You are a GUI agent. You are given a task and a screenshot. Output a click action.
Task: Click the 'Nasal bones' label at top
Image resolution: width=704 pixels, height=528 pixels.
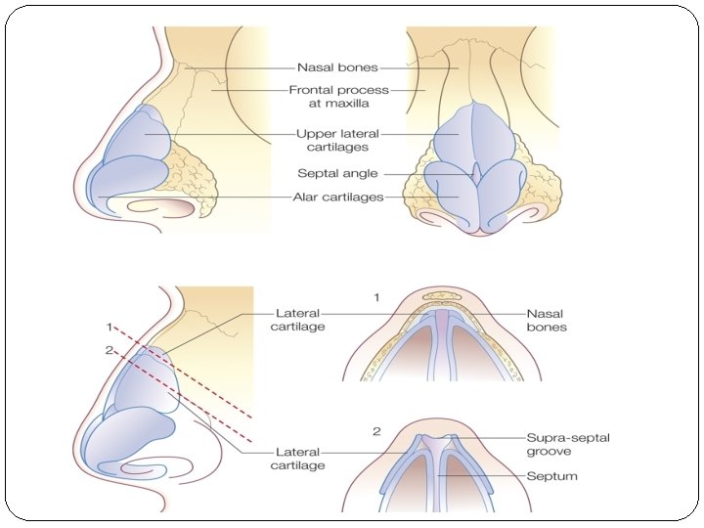[x=337, y=68]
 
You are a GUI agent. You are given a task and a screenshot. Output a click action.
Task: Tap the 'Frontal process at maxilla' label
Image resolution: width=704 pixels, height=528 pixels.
[x=338, y=96]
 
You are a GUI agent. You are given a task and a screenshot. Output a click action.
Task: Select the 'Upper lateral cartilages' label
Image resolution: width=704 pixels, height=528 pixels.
[x=337, y=140]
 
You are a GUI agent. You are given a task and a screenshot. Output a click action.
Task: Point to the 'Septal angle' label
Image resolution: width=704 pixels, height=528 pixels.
[x=337, y=174]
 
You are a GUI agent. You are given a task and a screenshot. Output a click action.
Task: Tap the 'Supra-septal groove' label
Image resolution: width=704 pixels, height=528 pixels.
[x=567, y=445]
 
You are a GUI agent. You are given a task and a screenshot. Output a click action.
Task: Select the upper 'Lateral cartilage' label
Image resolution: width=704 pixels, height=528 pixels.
[x=297, y=320]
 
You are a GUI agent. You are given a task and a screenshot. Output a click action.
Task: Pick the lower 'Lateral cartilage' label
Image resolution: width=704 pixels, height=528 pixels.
[x=297, y=459]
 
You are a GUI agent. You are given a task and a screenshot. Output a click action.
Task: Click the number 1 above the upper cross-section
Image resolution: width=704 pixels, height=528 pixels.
[x=376, y=295]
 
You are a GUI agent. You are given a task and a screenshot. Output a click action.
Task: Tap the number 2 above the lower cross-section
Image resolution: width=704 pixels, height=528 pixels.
[x=376, y=430]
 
